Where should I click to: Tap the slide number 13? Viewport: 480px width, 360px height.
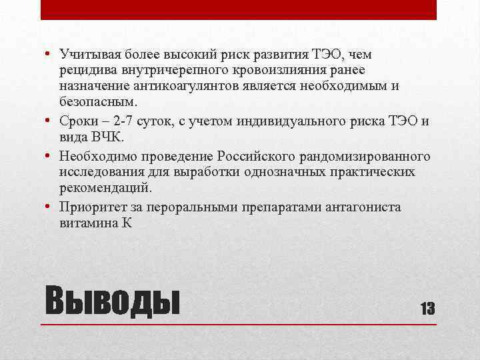click(427, 307)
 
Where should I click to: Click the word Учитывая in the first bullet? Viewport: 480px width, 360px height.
click(85, 54)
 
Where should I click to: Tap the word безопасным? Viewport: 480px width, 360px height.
click(96, 102)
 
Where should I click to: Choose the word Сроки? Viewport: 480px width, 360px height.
click(79, 121)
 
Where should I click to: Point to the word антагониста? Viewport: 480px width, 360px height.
click(363, 207)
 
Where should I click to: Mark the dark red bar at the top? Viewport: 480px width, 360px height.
click(239, 9)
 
